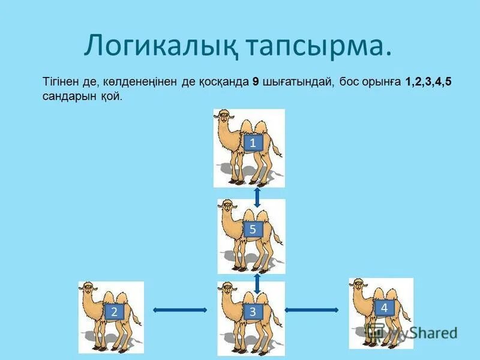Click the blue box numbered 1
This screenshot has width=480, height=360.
pos(253,143)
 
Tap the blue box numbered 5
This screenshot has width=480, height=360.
pos(253,229)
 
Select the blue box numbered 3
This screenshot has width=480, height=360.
pos(253,311)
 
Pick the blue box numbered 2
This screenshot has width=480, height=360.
pos(112,311)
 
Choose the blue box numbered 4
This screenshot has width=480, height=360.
pos(384,307)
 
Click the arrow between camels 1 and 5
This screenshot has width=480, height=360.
pos(257,196)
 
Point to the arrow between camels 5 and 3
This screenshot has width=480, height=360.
pos(257,283)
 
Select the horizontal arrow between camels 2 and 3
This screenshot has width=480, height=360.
pos(180,310)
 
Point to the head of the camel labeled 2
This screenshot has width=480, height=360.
pos(88,290)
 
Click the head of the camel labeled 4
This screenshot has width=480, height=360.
pos(358,286)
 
